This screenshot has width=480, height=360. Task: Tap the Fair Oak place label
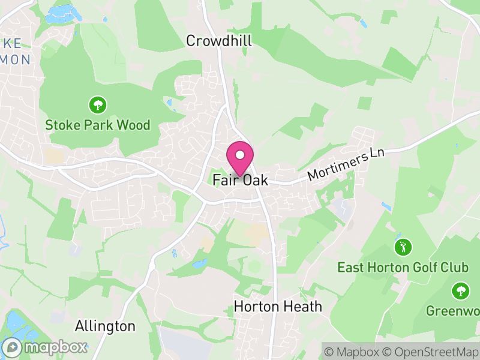(240, 180)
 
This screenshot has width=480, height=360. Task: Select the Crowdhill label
(219, 41)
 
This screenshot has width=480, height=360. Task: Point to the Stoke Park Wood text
(98, 125)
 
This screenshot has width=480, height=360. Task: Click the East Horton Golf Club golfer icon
(403, 247)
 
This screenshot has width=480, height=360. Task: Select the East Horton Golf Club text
(403, 266)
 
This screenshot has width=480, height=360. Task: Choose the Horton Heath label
(278, 307)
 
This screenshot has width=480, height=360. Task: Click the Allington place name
(105, 326)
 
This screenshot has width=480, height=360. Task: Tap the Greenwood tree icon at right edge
(461, 291)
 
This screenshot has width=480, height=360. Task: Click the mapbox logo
(46, 347)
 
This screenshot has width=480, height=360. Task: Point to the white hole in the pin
(240, 155)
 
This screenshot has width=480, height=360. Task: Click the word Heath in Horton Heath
(303, 307)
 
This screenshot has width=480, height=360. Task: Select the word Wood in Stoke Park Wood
(135, 125)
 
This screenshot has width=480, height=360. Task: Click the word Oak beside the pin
(256, 180)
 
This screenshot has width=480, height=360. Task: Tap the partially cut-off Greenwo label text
(453, 311)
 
